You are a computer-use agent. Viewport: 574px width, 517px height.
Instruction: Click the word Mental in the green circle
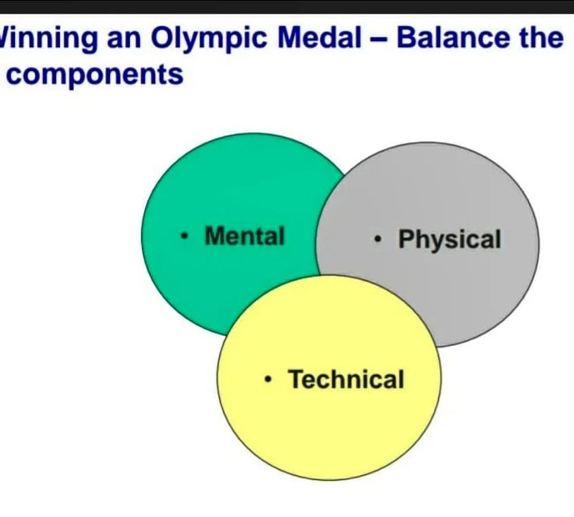coord(245,236)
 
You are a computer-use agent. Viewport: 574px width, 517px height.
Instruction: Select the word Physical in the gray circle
coord(450,240)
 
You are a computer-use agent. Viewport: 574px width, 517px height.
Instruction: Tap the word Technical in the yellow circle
coord(346,379)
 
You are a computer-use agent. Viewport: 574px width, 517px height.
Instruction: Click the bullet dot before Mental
coord(184,238)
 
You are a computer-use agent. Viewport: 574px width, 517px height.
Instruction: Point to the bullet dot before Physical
coord(378,240)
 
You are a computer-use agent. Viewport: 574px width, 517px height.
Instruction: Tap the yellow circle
coord(328,437)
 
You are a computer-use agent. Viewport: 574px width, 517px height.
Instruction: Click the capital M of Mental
coord(215,236)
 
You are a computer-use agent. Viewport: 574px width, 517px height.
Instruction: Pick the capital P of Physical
coord(407,240)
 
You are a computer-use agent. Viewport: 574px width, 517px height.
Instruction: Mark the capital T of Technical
coord(295,379)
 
